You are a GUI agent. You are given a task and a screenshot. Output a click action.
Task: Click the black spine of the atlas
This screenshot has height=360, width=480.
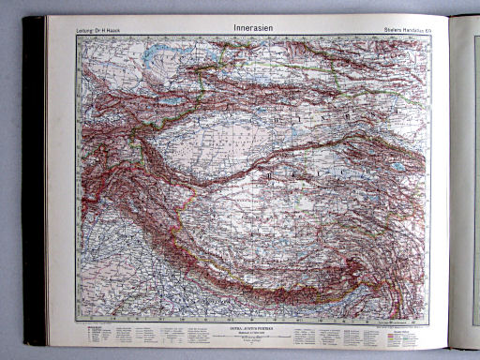tap(34, 178)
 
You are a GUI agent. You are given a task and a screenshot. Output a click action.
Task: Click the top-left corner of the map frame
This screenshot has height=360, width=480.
tap(79, 38)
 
